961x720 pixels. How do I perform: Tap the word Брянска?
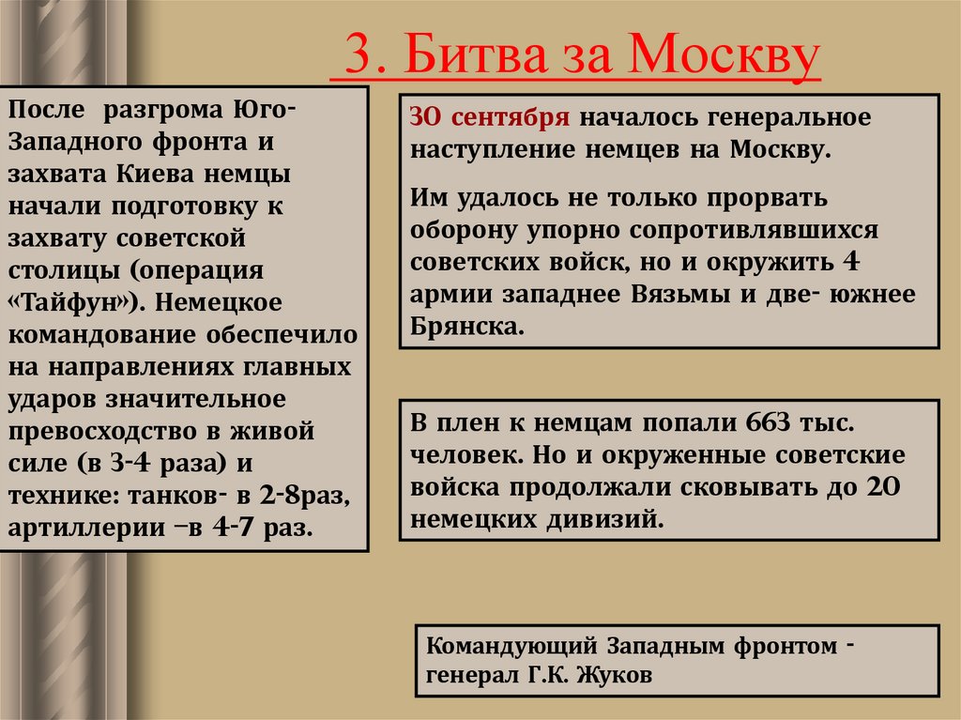pos(465,327)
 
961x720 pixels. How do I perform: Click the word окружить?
pos(760,261)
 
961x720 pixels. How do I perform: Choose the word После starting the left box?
pos(45,111)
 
